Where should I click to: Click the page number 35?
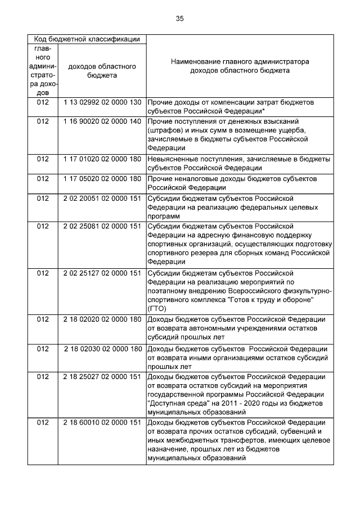[x=179, y=19]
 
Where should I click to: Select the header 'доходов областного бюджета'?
[x=102, y=70]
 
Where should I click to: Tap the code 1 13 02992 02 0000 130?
[x=102, y=103]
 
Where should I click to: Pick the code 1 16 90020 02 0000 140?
[x=102, y=121]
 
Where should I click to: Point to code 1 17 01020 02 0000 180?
[x=102, y=159]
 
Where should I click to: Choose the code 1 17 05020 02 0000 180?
[x=102, y=178]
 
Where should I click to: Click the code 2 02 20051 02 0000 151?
[x=102, y=198]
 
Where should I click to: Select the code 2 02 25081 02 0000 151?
[x=102, y=226]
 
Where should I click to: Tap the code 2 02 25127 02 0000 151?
[x=102, y=273]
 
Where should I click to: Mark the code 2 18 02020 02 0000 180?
[x=102, y=319]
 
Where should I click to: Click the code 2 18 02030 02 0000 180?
[x=102, y=348]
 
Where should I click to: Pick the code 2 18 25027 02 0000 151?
[x=102, y=376]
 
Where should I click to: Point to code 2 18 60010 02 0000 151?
[x=102, y=422]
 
